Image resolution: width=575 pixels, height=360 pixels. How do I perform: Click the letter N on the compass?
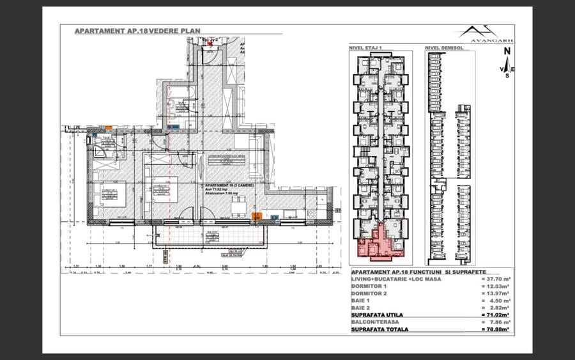coord(506,51)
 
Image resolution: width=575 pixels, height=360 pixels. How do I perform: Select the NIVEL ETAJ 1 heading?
coord(365,47)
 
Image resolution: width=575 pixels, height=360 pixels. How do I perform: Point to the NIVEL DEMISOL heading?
coord(443,47)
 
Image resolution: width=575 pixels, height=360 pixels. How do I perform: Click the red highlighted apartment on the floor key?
coord(378,241)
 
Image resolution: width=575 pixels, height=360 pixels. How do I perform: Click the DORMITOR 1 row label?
coord(369,286)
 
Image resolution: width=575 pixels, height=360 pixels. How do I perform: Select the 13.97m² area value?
coord(496,293)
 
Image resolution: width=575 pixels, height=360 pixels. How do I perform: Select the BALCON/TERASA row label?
coord(378,322)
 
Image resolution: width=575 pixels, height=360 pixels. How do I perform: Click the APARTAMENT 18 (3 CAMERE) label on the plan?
coord(230,185)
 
